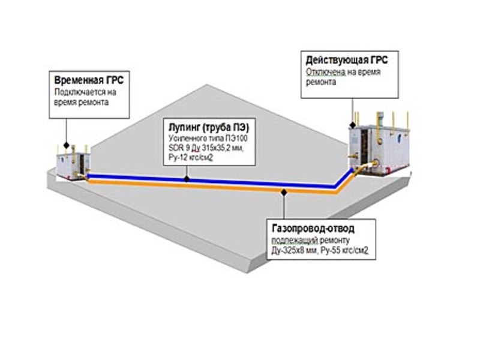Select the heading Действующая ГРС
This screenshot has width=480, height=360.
[x=346, y=61]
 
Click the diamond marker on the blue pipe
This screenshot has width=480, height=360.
[x=187, y=178]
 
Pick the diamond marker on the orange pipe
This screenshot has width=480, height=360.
[x=282, y=191]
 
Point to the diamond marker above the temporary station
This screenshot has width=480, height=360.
[x=65, y=145]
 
